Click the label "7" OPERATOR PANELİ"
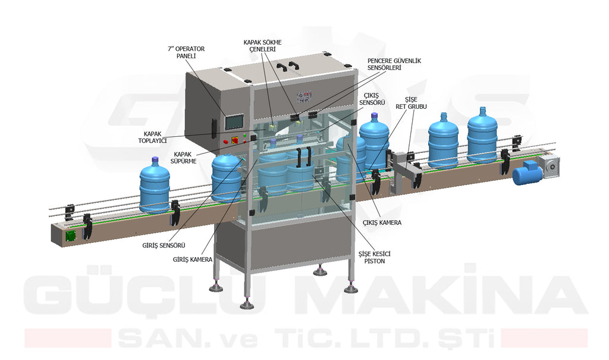[x=187, y=52]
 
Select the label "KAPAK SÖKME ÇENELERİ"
[x=262, y=46]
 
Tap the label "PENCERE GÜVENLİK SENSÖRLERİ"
[x=394, y=64]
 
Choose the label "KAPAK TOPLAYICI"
[x=155, y=137]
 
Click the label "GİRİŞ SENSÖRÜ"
[x=164, y=245]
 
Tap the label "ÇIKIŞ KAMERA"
[x=382, y=223]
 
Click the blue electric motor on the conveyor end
[x=528, y=173]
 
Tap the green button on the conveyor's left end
[x=71, y=234]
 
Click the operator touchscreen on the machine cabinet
[x=234, y=121]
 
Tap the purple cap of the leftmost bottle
[x=155, y=159]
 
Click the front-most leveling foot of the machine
[x=247, y=305]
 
